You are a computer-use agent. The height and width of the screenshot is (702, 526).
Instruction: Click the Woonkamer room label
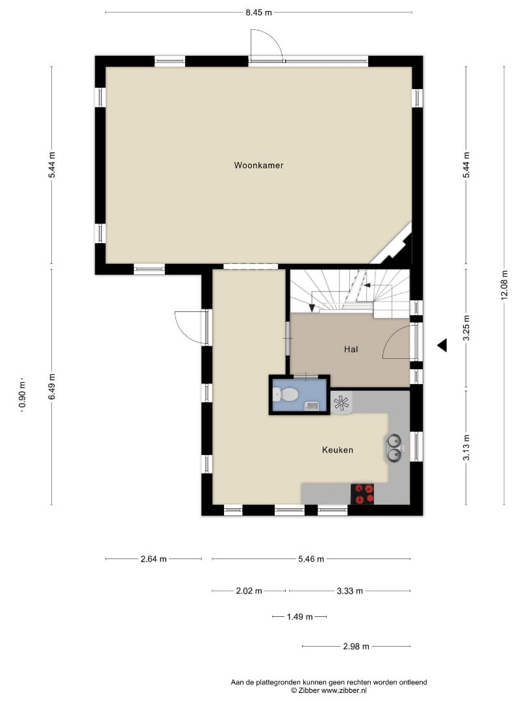(258, 165)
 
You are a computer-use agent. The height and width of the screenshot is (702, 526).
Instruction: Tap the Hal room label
(351, 349)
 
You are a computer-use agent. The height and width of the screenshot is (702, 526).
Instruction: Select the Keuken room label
(337, 450)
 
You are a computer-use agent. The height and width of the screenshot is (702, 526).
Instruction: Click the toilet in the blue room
(286, 395)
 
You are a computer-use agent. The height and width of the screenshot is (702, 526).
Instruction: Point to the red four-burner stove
(362, 494)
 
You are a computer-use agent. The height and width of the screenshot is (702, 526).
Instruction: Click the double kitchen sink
(394, 448)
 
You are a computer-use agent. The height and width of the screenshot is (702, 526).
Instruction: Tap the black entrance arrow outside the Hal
(442, 345)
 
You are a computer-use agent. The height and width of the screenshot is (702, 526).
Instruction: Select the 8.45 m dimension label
(258, 12)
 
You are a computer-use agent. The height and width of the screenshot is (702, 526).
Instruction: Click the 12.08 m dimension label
(505, 285)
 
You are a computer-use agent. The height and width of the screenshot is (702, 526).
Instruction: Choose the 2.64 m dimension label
(153, 559)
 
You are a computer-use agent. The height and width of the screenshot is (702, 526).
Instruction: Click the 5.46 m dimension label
(311, 559)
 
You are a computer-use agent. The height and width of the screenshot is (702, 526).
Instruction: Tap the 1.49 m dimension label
(299, 617)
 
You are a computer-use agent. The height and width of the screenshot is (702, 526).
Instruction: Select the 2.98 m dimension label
(356, 647)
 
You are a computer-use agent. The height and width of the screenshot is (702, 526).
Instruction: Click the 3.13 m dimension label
(466, 448)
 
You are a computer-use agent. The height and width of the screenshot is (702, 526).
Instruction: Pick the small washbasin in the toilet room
(311, 406)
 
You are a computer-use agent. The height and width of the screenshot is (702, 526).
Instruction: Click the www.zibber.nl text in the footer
(344, 690)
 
